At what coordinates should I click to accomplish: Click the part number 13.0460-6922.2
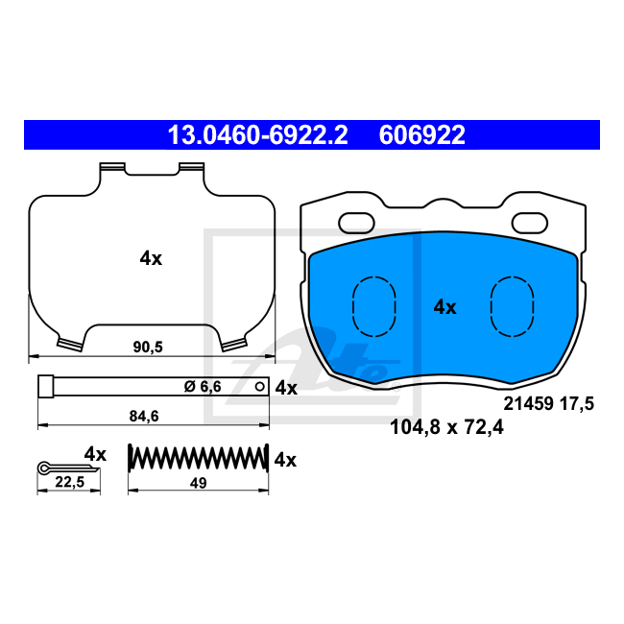pyautogui.click(x=258, y=135)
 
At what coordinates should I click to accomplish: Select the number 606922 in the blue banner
pyautogui.click(x=421, y=135)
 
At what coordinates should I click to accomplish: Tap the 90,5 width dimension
pyautogui.click(x=148, y=347)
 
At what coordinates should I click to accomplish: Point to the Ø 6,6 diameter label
pyautogui.click(x=203, y=387)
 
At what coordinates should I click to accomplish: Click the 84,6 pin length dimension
pyautogui.click(x=144, y=417)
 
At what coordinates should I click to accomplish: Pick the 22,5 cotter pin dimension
pyautogui.click(x=70, y=482)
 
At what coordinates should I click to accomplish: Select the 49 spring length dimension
pyautogui.click(x=198, y=483)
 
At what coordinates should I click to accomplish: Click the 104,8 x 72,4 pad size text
pyautogui.click(x=446, y=427)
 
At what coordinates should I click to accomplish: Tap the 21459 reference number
pyautogui.click(x=529, y=403)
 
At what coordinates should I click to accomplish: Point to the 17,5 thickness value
pyautogui.click(x=577, y=403)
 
